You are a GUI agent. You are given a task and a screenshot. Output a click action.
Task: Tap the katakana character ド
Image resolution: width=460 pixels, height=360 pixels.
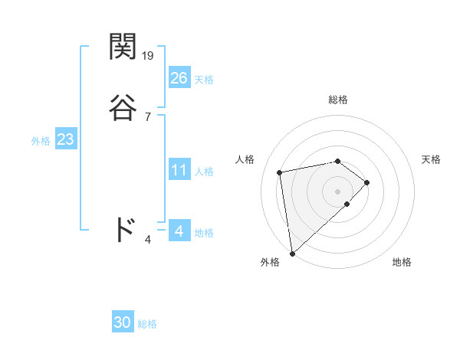coord(124,230)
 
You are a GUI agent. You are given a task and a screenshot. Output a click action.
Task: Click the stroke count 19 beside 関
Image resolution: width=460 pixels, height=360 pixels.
coord(148,55)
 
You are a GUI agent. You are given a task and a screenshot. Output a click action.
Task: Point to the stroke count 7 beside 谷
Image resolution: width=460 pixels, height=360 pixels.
coord(147,116)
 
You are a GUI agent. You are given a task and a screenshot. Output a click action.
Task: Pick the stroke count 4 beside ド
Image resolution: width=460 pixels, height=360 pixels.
coord(147,240)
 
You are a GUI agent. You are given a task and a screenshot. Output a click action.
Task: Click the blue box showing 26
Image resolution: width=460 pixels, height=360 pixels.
coord(179,77)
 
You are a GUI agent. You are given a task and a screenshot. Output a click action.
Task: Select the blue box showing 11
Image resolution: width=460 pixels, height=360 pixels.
coord(179,170)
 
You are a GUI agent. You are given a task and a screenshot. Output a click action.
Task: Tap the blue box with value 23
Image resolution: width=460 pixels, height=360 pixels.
coord(65,140)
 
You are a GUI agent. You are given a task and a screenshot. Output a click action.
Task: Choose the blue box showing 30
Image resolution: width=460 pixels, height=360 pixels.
coord(123,322)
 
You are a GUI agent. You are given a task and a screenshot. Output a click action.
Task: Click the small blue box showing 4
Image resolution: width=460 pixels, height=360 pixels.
coord(179,231)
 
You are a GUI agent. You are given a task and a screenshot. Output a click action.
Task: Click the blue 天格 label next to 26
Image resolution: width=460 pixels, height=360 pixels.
coord(204,80)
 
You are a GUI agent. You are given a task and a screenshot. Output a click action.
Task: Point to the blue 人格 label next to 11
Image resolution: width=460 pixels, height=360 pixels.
coord(204,172)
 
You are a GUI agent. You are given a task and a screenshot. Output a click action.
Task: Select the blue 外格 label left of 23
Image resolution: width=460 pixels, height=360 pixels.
coord(41,141)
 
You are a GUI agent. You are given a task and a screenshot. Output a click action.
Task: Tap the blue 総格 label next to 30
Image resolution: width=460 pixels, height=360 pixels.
coord(147,324)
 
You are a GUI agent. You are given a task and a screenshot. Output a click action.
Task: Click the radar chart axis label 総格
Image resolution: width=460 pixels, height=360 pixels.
coord(338,100)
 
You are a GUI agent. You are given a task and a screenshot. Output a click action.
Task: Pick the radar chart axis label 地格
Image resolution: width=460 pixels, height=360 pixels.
coord(402,262)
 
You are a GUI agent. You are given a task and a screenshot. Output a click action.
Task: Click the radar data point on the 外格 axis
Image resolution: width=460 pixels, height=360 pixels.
coord(291,253)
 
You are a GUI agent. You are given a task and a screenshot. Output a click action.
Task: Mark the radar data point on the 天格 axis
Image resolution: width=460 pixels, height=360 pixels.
coord(367,182)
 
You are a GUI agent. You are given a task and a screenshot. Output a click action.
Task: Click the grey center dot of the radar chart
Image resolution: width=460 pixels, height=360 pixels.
coord(338,191)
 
